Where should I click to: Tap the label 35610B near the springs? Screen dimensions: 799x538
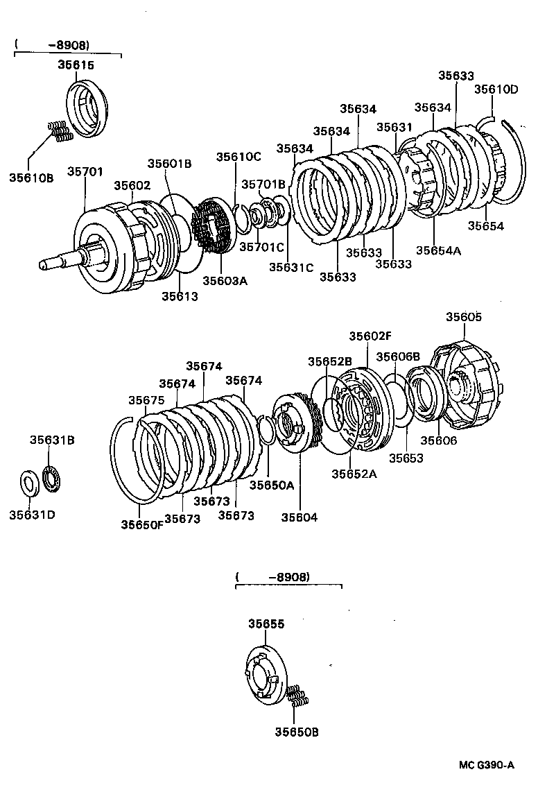[31, 178]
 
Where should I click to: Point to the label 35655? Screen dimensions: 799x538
[266, 624]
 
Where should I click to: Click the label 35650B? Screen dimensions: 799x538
[296, 732]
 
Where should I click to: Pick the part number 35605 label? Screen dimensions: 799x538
[463, 317]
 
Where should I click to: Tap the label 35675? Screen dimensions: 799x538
[146, 400]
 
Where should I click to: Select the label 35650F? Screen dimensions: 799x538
[142, 524]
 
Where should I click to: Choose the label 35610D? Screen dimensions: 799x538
[496, 89]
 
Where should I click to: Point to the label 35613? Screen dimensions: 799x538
[180, 296]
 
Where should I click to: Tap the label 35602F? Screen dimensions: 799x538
[370, 336]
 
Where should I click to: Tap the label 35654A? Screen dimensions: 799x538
[438, 250]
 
